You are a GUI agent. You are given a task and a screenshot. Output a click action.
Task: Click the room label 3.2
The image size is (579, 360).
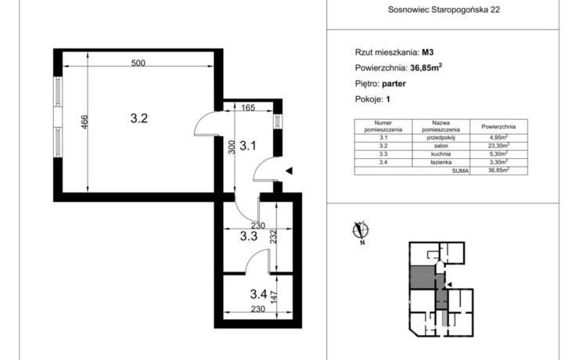pos(138,118)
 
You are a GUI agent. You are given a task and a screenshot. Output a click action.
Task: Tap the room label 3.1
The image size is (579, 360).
pos(248,146)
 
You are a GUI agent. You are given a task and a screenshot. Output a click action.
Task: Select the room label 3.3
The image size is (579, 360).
pos(249,236)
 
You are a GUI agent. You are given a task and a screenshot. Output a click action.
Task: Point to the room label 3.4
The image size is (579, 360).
pos(258,294)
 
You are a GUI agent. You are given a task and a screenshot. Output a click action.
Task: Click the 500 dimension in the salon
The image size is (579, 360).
pos(138,63)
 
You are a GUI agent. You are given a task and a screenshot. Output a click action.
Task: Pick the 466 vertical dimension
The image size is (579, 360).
pos(85,122)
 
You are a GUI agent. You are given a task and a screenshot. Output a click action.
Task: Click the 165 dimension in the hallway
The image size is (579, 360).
pos(248,108)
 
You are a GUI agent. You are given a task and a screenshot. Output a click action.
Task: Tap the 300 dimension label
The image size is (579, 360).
pos(232,147)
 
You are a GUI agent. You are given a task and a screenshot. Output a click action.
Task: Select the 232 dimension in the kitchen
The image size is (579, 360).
pos(273,237)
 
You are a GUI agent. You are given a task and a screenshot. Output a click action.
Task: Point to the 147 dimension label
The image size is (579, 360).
pos(274,298)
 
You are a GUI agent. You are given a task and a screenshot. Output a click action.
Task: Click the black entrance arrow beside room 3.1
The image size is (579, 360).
pos(289,171)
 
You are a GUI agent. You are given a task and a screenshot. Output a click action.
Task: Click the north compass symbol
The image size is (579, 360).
pos(361,231)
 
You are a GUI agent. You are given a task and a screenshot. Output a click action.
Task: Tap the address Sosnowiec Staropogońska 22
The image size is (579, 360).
pos(444,10)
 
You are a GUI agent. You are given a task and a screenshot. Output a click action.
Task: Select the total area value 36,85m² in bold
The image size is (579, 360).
pos(426,67)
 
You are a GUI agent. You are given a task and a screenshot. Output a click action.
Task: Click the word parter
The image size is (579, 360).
pos(394,84)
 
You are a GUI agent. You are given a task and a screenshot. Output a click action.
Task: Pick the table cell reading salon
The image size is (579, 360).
pos(441,146)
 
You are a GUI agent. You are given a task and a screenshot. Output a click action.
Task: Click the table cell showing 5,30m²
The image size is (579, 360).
pos(498,153)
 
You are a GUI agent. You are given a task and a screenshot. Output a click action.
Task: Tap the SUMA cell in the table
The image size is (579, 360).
pos(460,171)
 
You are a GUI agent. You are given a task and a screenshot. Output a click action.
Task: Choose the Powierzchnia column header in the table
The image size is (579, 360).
pos(498,127)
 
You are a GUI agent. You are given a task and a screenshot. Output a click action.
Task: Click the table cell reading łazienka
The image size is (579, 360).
pos(441,162)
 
